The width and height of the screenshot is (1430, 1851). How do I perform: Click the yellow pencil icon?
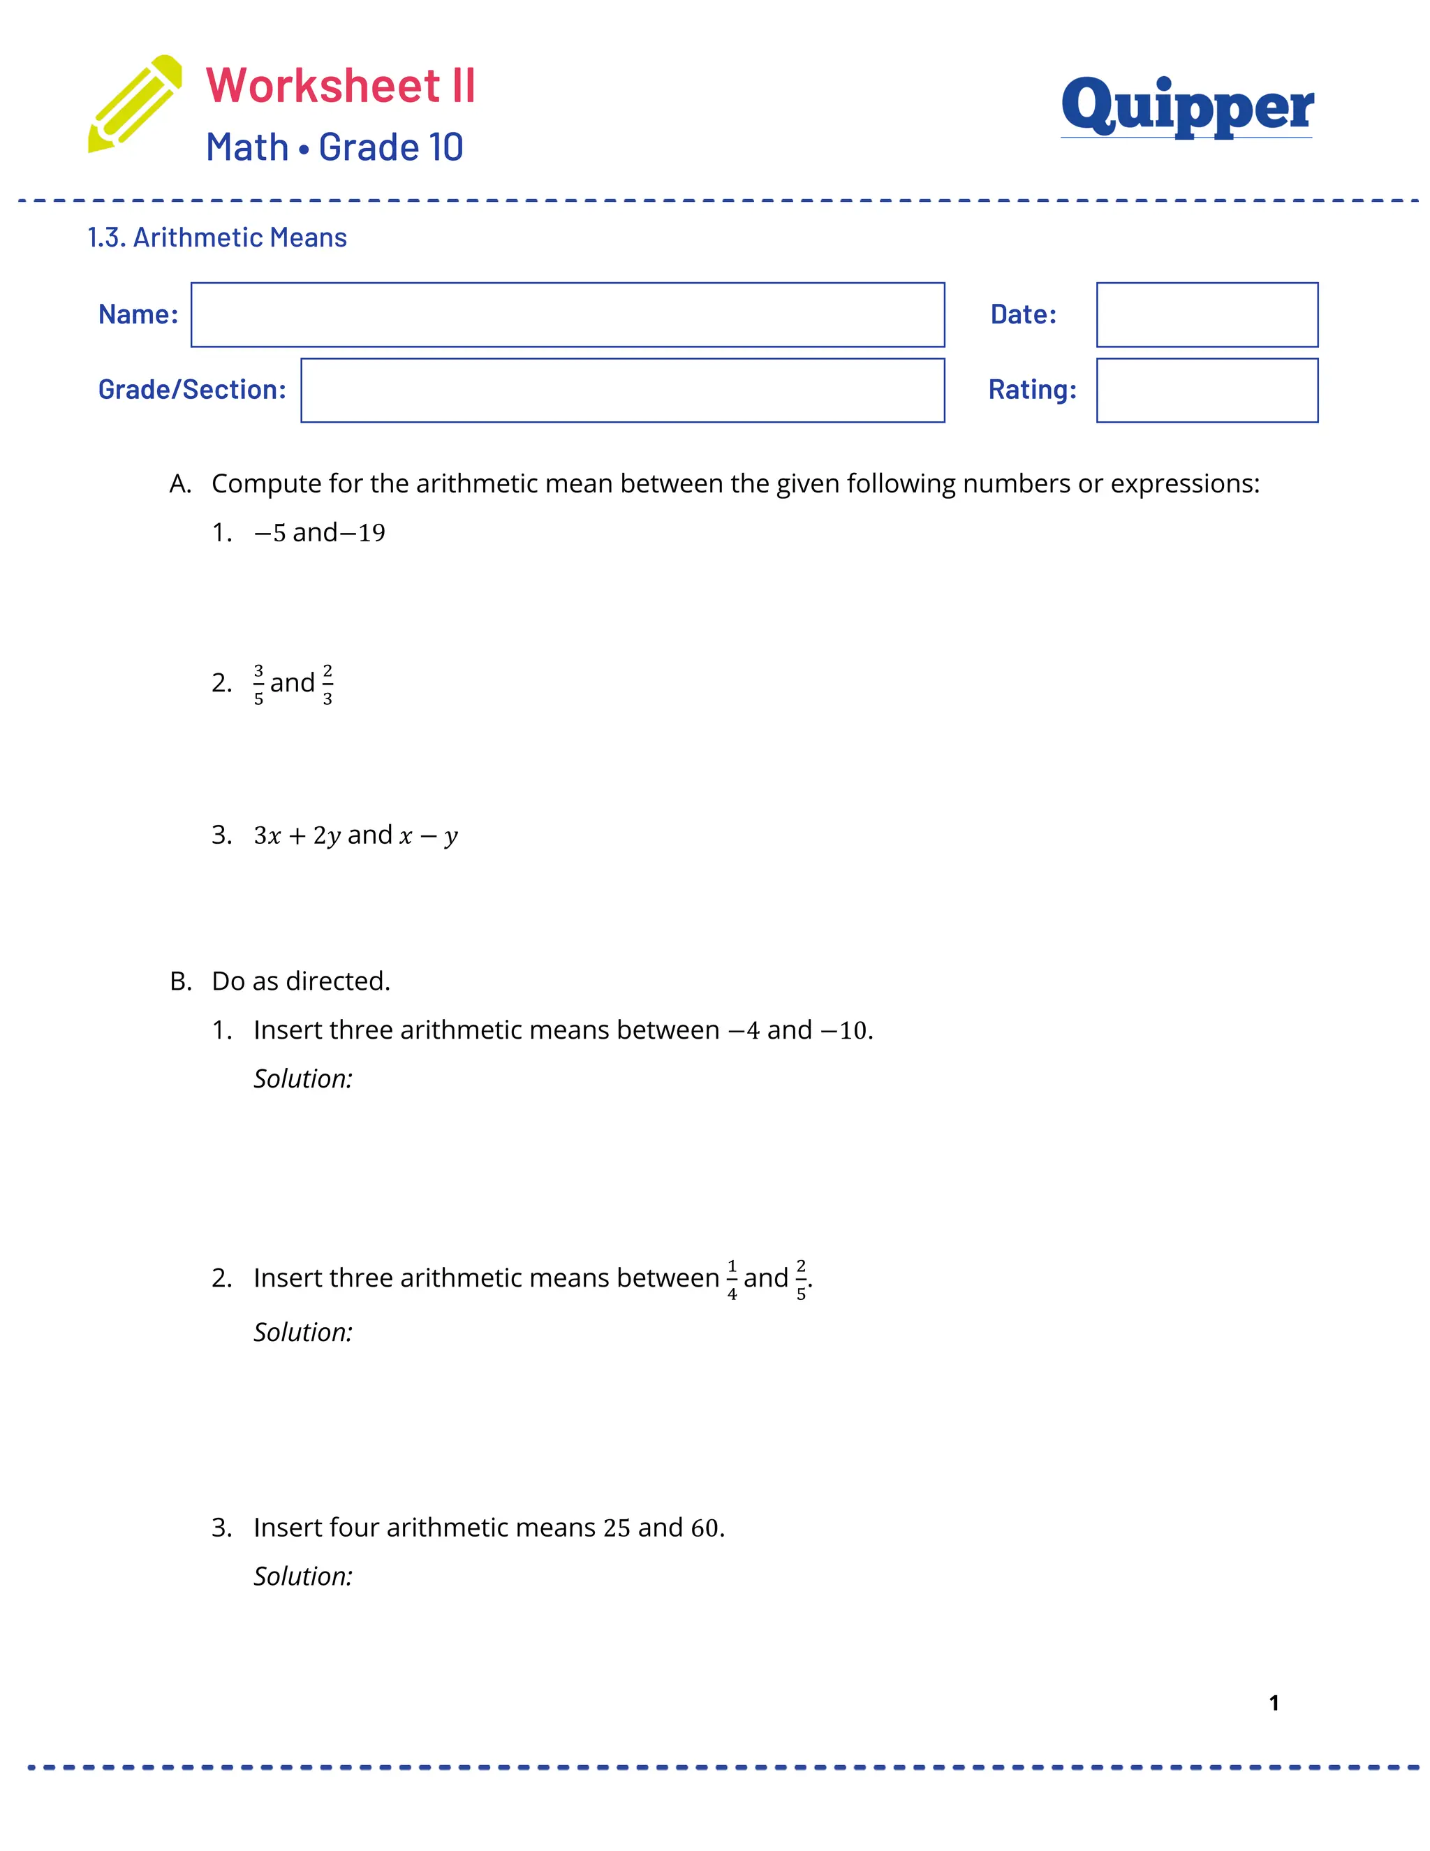click(x=135, y=104)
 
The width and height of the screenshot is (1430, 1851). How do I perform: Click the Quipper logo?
click(x=1186, y=106)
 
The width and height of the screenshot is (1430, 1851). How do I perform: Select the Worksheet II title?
click(x=341, y=86)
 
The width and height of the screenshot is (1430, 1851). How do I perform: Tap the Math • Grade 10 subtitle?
click(x=334, y=147)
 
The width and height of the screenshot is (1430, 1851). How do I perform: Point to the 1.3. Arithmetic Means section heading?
click(x=217, y=237)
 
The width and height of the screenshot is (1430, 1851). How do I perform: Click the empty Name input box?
click(x=568, y=314)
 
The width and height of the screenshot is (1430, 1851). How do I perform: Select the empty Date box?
click(x=1207, y=314)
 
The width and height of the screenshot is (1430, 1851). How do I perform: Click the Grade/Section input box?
click(x=623, y=390)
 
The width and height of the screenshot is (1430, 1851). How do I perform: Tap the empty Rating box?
click(x=1207, y=390)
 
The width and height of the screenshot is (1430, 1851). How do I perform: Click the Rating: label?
click(x=1032, y=390)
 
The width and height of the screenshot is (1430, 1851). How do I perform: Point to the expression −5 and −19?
click(x=319, y=532)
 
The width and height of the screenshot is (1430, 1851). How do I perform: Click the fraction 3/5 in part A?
click(x=258, y=684)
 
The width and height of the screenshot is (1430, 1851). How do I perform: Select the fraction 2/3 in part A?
click(x=328, y=684)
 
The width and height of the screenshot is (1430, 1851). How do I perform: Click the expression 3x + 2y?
click(x=297, y=835)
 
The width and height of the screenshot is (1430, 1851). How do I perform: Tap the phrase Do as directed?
click(x=301, y=981)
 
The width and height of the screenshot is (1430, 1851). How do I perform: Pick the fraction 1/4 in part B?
click(x=732, y=1279)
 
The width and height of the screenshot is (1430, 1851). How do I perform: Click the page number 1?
click(x=1274, y=1703)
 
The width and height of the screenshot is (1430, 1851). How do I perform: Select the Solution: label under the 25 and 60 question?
click(x=302, y=1576)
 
